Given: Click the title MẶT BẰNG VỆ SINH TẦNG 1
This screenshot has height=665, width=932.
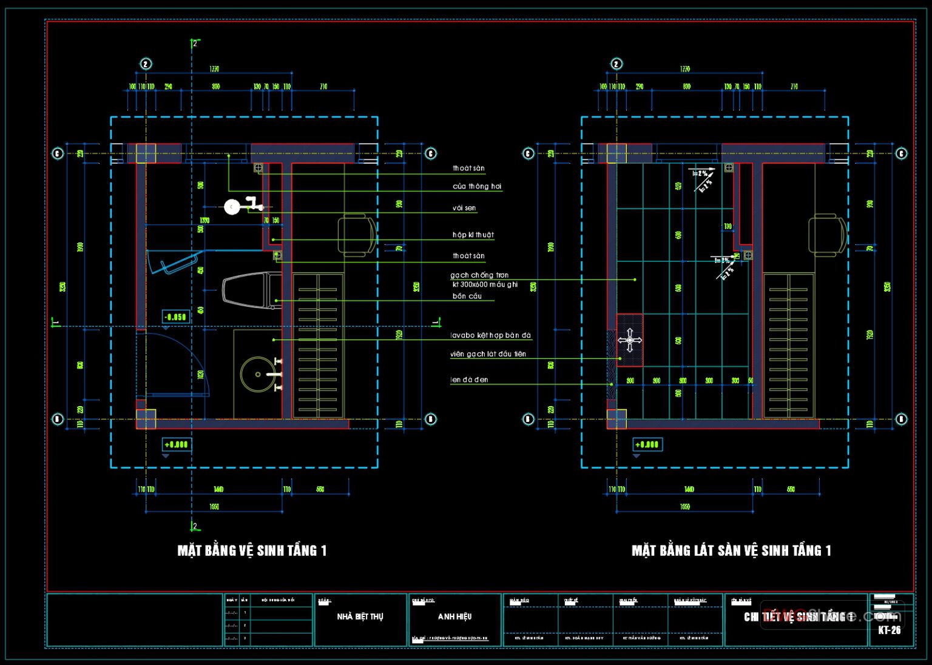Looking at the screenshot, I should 252,550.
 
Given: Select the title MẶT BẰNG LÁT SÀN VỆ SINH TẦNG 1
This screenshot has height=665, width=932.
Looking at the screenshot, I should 731,550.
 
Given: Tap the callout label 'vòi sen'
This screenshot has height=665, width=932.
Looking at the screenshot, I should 464,208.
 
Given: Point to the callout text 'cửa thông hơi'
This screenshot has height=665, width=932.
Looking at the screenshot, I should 477,186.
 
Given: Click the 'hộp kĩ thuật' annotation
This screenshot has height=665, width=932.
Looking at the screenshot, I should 473,235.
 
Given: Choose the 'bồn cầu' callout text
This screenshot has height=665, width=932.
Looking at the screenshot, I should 467,296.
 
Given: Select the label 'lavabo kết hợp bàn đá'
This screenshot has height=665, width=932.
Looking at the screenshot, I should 490,335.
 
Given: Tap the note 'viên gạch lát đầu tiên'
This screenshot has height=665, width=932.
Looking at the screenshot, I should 488,354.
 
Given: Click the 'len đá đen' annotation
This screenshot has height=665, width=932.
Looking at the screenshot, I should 469,380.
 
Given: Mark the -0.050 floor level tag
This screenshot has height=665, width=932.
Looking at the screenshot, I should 176,317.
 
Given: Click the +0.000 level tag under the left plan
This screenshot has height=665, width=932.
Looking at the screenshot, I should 176,445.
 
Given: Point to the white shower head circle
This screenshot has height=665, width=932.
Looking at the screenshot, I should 231,207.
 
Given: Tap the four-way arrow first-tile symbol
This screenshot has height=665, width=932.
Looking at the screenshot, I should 630,340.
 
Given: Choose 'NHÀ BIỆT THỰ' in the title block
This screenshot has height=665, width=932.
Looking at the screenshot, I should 360,617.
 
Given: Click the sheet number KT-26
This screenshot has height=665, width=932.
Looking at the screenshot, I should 889,630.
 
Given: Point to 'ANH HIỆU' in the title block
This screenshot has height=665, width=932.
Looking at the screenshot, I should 454,617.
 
